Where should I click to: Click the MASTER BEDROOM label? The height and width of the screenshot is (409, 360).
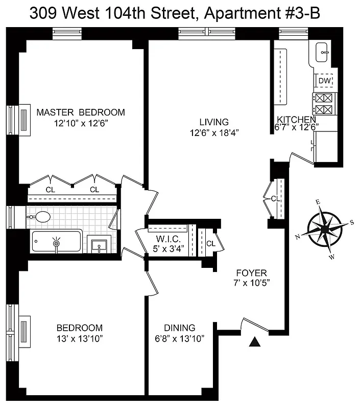click(81, 112)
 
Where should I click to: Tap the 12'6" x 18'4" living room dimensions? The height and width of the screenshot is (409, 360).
click(214, 132)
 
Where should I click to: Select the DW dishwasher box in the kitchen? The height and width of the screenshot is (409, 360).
click(325, 81)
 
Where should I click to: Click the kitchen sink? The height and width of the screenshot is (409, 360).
click(323, 52)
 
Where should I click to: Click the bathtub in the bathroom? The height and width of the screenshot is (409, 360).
click(56, 241)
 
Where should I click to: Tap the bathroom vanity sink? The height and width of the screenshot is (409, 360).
click(98, 244)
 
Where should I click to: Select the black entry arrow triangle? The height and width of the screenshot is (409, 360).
click(254, 342)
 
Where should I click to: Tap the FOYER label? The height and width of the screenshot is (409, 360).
click(252, 273)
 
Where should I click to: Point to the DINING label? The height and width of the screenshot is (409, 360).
click(179, 328)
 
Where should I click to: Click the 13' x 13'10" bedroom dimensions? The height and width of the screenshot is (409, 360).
click(79, 338)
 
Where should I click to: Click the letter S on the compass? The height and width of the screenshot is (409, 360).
click(351, 222)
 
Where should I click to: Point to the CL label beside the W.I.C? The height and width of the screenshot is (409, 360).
click(210, 244)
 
